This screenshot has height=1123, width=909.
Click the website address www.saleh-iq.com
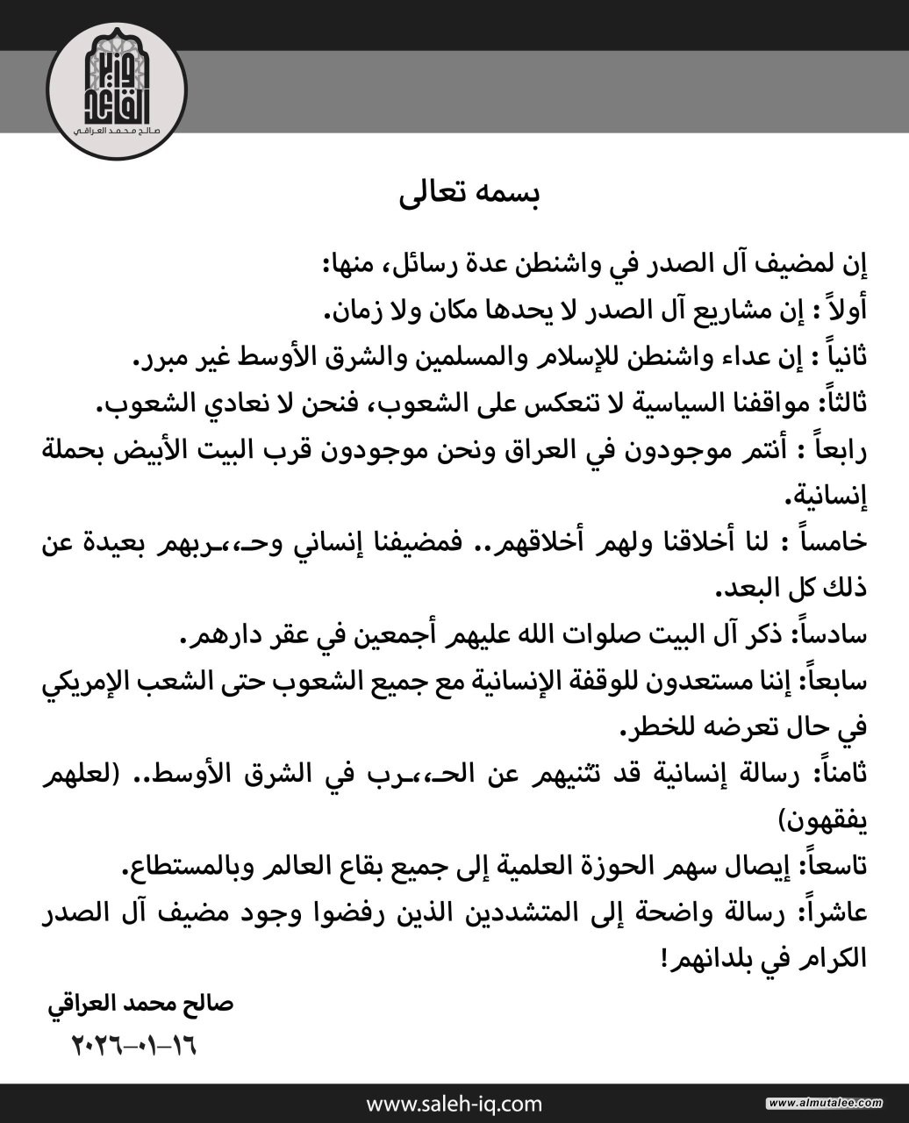[x=454, y=1103]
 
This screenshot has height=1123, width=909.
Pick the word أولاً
[x=844, y=310]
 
